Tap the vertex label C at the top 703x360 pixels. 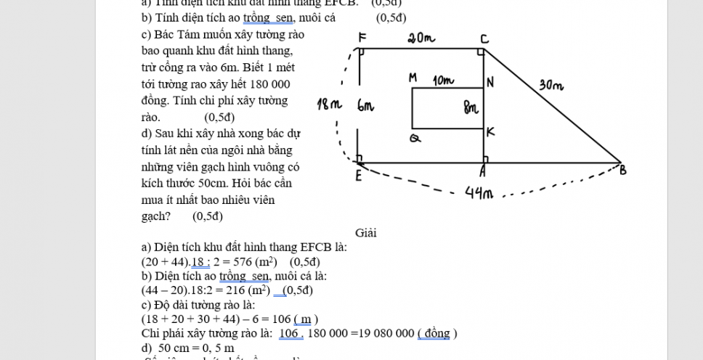484,38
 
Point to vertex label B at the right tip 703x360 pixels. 622,171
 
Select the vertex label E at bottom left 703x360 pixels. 358,176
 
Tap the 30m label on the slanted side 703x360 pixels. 551,86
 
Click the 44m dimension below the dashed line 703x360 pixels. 480,194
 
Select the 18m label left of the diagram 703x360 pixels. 329,105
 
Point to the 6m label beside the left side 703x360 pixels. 365,106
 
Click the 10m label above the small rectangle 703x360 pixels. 444,79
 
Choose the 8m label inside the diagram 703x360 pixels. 471,109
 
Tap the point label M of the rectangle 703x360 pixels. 413,77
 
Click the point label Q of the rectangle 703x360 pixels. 415,138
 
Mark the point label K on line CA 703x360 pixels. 490,131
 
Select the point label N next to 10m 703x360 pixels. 490,82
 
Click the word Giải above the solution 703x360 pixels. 366,233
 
